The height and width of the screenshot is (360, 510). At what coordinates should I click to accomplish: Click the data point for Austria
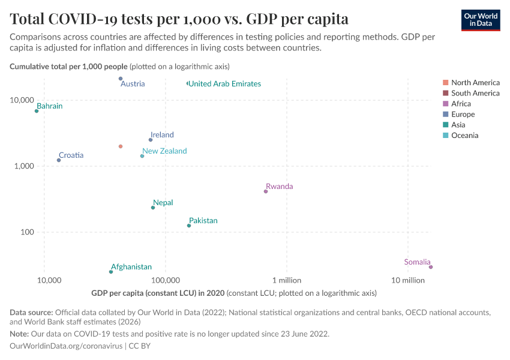pyautogui.click(x=121, y=79)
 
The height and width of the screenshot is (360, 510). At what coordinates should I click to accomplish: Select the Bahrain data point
pyautogui.click(x=37, y=111)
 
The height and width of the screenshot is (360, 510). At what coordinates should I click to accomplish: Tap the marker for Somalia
pyautogui.click(x=431, y=267)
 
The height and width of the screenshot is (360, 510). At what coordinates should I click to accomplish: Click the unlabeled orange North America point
pyautogui.click(x=121, y=146)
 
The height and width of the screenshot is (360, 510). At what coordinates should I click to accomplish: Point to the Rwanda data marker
pyautogui.click(x=266, y=191)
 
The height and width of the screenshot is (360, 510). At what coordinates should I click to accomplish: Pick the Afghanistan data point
pyautogui.click(x=111, y=272)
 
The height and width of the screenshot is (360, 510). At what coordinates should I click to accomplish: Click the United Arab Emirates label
pyautogui.click(x=225, y=84)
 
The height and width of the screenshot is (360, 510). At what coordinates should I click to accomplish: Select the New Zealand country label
pyautogui.click(x=164, y=151)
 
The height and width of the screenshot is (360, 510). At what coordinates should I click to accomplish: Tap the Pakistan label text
pyautogui.click(x=203, y=221)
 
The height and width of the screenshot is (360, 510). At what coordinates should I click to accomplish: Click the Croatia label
pyautogui.click(x=71, y=155)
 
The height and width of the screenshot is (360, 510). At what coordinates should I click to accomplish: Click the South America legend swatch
pyautogui.click(x=445, y=93)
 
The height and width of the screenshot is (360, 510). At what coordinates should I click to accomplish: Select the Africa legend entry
pyautogui.click(x=461, y=104)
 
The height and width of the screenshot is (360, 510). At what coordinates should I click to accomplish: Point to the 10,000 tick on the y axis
pyautogui.click(x=22, y=100)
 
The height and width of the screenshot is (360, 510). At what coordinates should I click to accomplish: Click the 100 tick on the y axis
pyautogui.click(x=27, y=232)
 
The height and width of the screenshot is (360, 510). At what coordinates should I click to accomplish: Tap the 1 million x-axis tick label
pyautogui.click(x=287, y=280)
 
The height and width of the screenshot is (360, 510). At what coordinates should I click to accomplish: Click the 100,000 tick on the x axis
pyautogui.click(x=166, y=280)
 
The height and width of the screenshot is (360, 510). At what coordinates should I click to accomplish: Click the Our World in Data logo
pyautogui.click(x=481, y=20)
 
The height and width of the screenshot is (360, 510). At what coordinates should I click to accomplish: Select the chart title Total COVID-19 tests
pyautogui.click(x=179, y=19)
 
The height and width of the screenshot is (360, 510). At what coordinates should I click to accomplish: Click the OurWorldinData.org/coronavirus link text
pyautogui.click(x=67, y=346)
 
